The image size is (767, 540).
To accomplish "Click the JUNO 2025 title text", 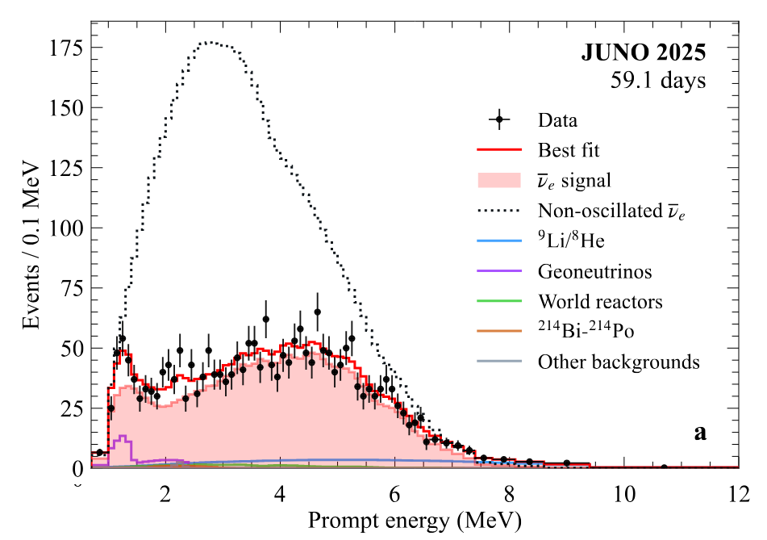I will (643, 53).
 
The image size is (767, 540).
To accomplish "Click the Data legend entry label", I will (557, 121).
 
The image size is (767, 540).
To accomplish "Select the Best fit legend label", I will (569, 150).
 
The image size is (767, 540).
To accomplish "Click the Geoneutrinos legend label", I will (595, 271).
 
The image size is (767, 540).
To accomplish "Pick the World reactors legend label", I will (600, 302).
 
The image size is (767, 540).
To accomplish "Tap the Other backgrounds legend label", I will (619, 362).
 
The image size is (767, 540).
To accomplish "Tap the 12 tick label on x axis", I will (736, 493).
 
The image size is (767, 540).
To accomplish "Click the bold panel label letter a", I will (700, 433).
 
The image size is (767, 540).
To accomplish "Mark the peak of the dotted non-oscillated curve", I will (211, 42).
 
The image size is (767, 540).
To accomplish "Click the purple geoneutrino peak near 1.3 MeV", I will (123, 437).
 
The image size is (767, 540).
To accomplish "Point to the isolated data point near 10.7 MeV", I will (664, 467).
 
